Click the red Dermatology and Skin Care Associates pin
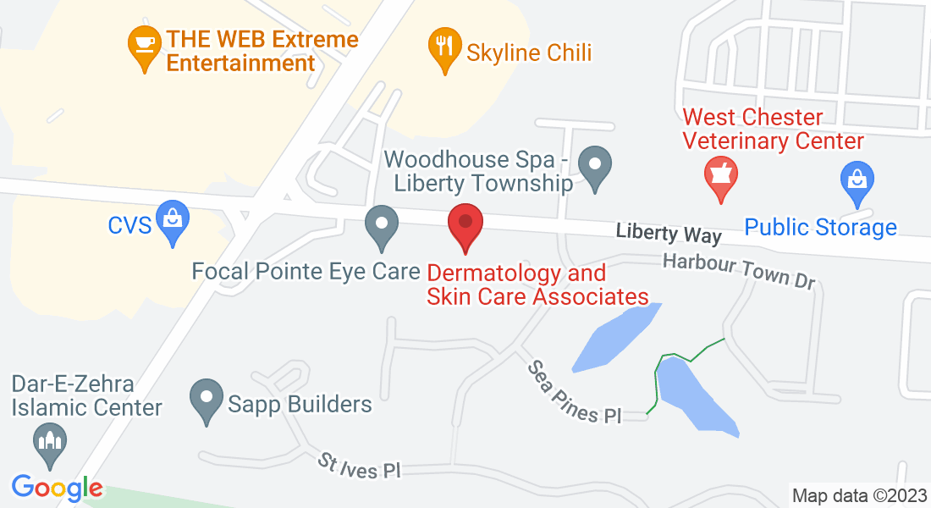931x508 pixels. (x=465, y=224)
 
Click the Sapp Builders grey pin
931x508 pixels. (x=206, y=400)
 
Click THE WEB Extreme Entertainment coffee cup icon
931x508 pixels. (x=144, y=44)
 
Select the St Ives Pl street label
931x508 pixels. (x=359, y=467)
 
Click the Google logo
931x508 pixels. (x=57, y=488)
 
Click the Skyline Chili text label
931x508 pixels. (x=529, y=52)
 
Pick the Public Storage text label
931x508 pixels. (x=820, y=227)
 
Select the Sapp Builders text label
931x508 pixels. (x=300, y=404)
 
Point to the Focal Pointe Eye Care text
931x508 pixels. (x=306, y=272)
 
